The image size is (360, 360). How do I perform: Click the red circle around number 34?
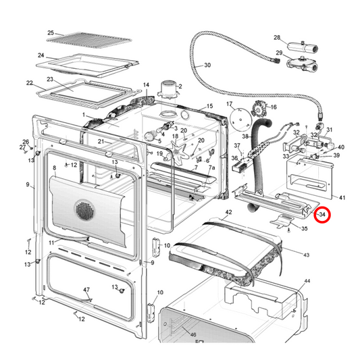pos(322,215)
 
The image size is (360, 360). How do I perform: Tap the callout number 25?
pos(50,32)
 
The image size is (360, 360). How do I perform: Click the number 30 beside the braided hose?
pos(207,65)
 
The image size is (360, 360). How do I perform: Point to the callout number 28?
pos(276,38)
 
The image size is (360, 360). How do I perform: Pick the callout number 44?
pos(307,280)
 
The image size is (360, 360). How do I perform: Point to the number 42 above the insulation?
pos(228,213)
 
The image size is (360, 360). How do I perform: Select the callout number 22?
pos(30,83)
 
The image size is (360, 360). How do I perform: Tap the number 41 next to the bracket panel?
pos(342,197)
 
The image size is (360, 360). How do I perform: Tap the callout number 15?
pos(209,106)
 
